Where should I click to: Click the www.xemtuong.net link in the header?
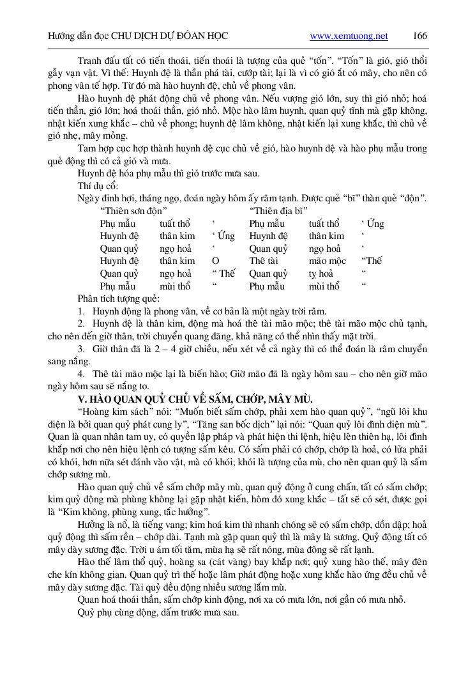coord(349,36)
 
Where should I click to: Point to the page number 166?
coord(420,36)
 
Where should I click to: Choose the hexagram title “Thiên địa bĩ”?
coord(279,211)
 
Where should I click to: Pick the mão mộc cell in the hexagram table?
coord(327,261)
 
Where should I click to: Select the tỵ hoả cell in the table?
coord(321,274)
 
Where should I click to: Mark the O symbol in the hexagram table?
coord(215,261)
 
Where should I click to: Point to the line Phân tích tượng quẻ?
coord(119,298)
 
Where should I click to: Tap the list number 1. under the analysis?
coord(81,311)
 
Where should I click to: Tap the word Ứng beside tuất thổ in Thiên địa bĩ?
coord(375,224)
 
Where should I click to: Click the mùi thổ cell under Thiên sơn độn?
coord(175,286)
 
